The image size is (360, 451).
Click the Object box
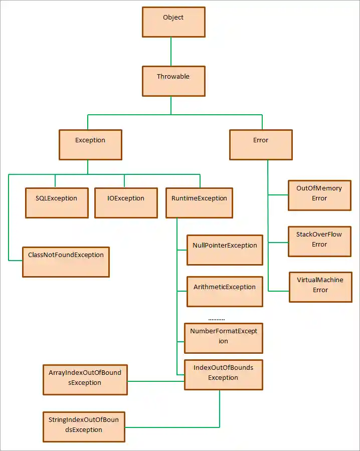pos(173,22)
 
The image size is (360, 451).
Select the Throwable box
pos(173,81)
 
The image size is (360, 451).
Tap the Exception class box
pos(90,145)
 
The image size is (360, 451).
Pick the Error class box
pos(261,145)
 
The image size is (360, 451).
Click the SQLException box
pos(57,203)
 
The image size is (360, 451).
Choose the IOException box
pos(126,203)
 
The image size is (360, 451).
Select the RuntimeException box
pos(199,203)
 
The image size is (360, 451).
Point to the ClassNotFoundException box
pos(66,262)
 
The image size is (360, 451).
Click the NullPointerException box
pos(225,250)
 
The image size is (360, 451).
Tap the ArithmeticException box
pos(225,292)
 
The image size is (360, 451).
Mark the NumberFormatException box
pos(224,338)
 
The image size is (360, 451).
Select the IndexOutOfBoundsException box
pos(224,375)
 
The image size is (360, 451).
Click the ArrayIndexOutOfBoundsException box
pos(85,379)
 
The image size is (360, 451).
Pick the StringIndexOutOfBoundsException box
pos(84,427)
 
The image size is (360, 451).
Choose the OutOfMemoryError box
pos(319,195)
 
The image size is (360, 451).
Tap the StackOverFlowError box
pos(319,242)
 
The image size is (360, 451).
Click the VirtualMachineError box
pos(320,287)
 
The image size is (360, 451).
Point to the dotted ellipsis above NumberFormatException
pos(217,319)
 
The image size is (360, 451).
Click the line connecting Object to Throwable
pos(171,52)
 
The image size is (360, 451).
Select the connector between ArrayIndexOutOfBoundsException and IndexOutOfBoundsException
pos(156,381)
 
